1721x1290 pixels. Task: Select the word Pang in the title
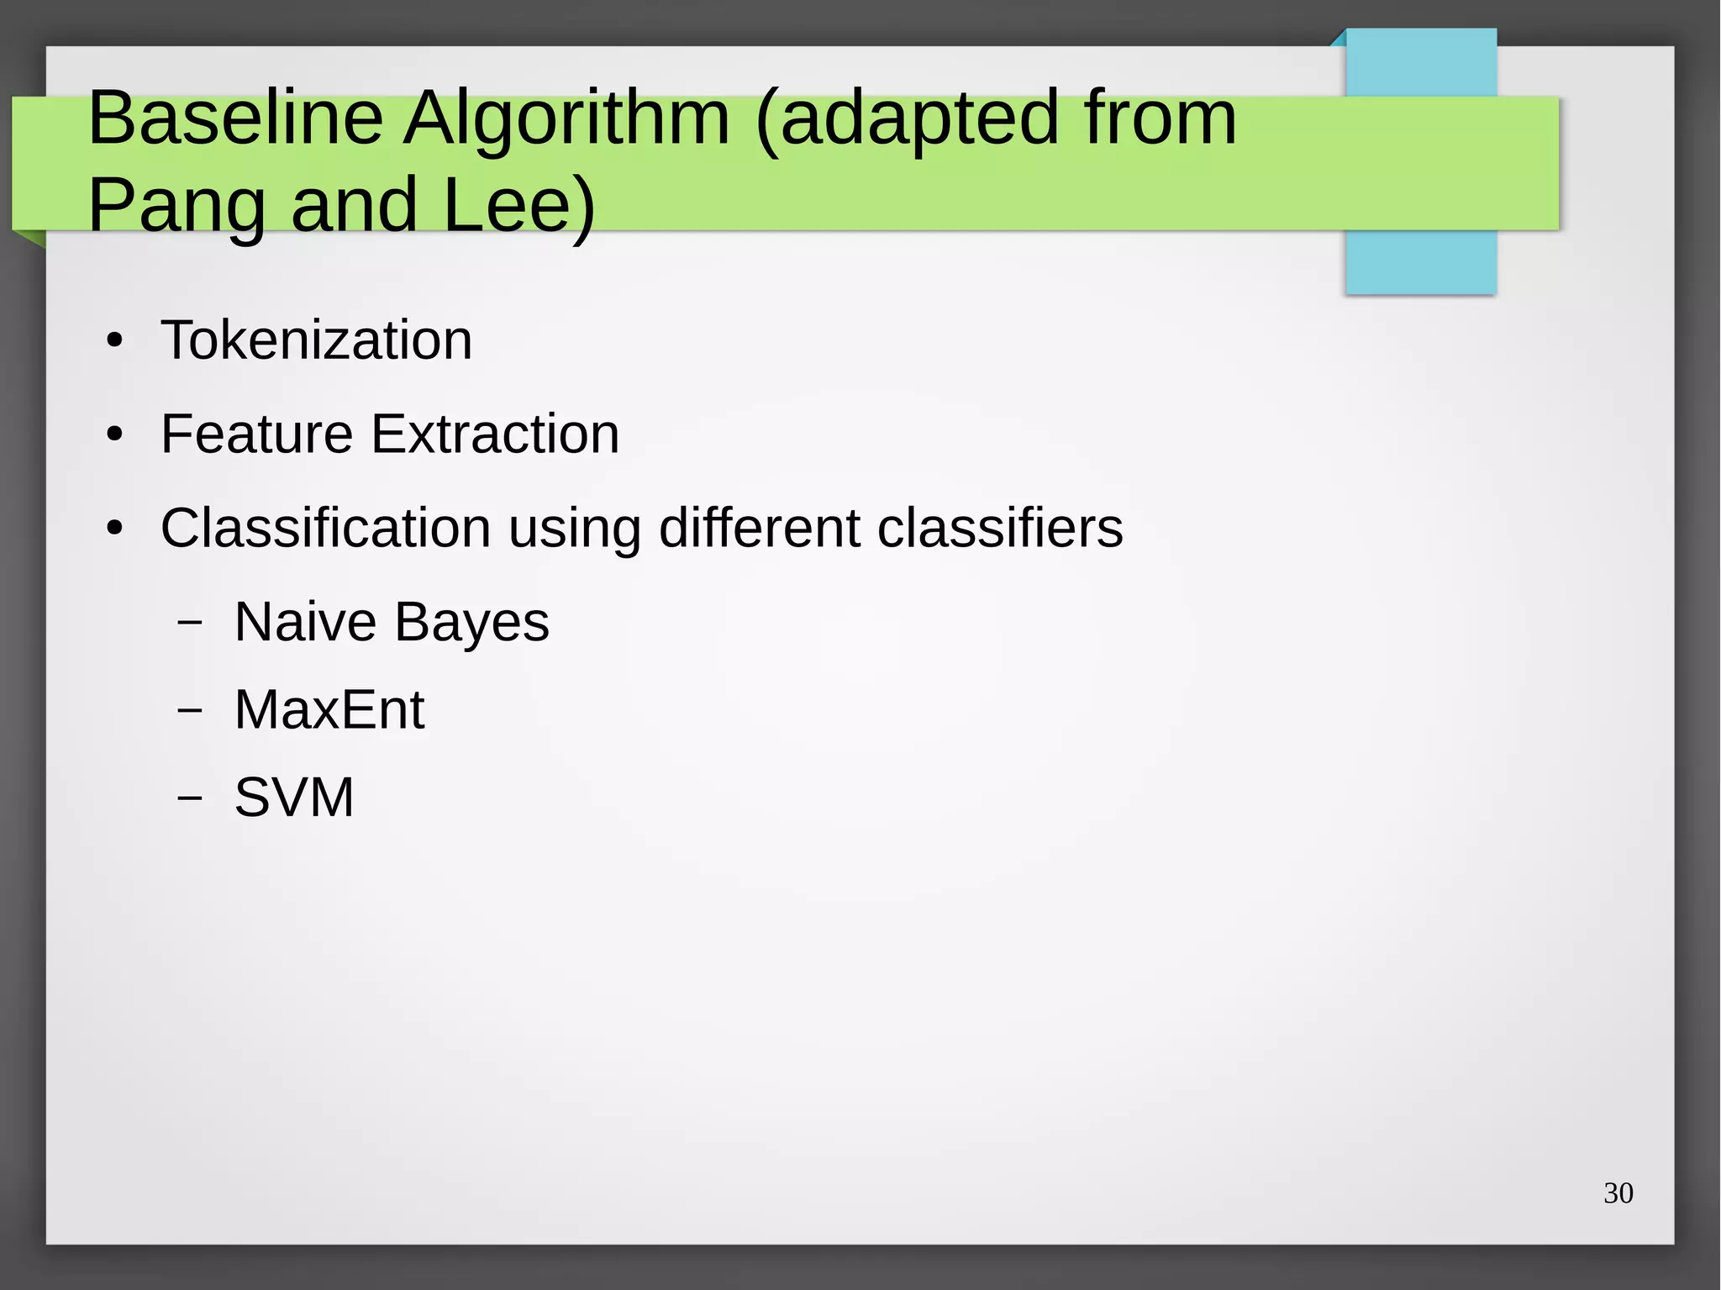click(x=176, y=207)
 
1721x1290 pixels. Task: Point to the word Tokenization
click(x=316, y=340)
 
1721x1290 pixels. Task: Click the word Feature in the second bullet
click(x=256, y=434)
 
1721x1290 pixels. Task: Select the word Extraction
click(x=495, y=434)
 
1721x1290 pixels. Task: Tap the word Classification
click(x=325, y=529)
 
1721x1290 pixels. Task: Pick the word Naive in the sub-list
click(x=305, y=623)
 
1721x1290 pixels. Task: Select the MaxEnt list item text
click(x=329, y=710)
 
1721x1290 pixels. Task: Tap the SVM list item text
click(x=294, y=798)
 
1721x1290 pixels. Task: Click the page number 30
click(x=1618, y=1193)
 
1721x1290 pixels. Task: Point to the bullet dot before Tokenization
click(x=115, y=342)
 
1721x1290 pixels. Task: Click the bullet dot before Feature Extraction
click(x=115, y=436)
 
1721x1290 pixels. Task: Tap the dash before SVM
click(x=191, y=798)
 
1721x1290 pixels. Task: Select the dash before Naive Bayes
click(x=191, y=623)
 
